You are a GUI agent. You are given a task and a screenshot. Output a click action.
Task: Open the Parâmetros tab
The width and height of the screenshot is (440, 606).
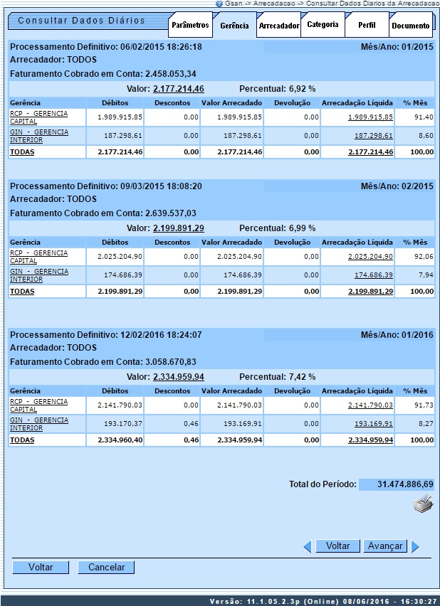tap(190, 26)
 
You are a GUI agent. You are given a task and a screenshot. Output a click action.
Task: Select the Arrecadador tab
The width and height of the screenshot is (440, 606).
tap(279, 26)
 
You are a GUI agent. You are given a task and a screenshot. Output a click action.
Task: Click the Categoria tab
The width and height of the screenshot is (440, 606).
tap(323, 25)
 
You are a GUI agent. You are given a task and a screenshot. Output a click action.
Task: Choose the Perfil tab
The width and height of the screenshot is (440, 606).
tap(367, 25)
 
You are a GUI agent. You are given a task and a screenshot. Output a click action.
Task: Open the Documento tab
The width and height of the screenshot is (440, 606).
tap(411, 26)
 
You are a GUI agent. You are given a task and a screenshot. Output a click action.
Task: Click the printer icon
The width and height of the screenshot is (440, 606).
tap(423, 506)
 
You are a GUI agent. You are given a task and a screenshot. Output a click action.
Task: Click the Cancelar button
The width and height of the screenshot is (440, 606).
tap(106, 567)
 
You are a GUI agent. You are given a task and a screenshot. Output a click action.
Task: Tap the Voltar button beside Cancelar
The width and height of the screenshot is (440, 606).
tap(41, 567)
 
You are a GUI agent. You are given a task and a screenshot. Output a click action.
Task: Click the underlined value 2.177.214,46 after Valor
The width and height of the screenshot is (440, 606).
tap(178, 89)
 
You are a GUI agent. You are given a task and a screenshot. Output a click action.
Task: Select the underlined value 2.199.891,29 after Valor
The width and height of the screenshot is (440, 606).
tap(178, 228)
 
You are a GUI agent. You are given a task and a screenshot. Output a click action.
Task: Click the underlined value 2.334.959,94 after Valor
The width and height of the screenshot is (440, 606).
tap(178, 377)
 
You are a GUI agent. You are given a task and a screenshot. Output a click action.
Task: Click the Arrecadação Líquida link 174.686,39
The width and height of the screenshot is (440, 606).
tap(373, 275)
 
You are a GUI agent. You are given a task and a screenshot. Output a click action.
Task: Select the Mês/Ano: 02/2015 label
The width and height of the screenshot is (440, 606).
tap(397, 186)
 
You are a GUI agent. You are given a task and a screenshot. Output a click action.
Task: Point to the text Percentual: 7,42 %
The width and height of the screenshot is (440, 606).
tap(277, 377)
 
